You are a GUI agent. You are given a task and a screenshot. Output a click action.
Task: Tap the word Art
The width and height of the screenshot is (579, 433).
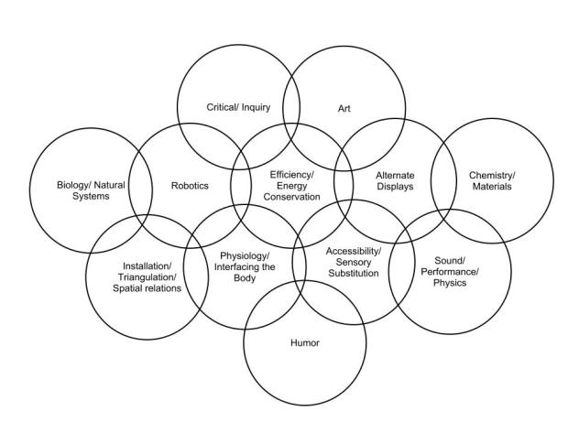[x=344, y=106]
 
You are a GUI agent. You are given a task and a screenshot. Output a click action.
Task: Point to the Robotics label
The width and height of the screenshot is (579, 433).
[x=190, y=185]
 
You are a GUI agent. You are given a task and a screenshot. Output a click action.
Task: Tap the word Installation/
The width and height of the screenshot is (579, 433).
[x=146, y=265]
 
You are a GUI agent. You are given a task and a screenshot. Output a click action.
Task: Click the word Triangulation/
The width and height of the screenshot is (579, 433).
[x=146, y=276]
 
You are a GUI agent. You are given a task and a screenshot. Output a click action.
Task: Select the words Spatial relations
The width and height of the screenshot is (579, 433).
[x=147, y=288]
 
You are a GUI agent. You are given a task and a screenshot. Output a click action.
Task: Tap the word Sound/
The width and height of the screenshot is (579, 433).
[x=450, y=259]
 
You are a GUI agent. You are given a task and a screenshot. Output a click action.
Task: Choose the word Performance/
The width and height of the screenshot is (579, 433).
[x=450, y=271]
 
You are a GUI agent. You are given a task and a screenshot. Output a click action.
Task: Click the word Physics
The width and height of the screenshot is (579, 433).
[x=450, y=283]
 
